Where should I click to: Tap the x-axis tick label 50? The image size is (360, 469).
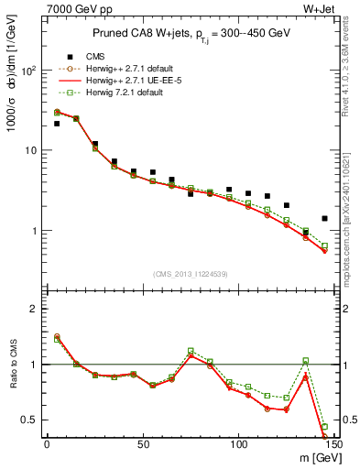[142, 444]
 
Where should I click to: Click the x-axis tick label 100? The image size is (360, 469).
[238, 444]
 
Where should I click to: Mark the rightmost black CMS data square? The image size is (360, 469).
[324, 218]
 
